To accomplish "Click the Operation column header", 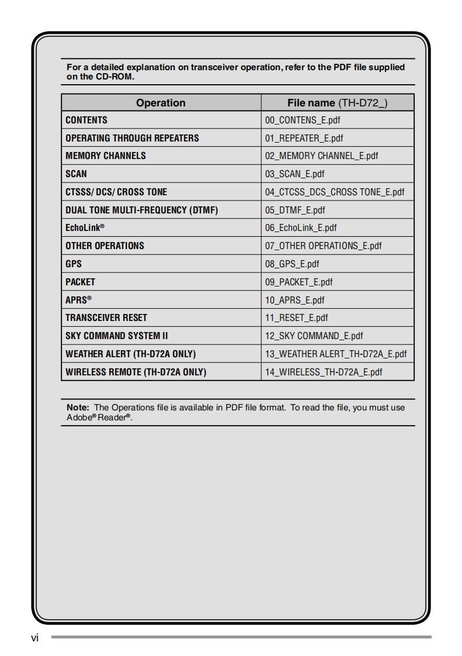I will pos(161,103).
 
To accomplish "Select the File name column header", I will pos(337,103).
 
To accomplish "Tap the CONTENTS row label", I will pos(86,120).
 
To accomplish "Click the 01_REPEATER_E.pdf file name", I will pos(304,139).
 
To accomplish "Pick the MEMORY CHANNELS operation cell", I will pos(106,156).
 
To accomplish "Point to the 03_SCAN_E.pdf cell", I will pos(294,174).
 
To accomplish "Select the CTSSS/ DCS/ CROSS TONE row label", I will pos(116,192).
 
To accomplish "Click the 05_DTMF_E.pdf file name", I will pos(295,210).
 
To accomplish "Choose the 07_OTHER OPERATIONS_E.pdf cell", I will pos(323,246).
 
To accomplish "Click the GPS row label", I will pos(74,264).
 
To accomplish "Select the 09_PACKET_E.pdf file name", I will pos(298,282).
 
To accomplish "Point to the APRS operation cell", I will pos(78,300).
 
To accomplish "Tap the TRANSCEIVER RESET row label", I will pos(106,318).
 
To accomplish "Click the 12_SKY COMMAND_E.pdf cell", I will pos(314,336).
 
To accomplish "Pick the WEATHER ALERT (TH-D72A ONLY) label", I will pos(130,354).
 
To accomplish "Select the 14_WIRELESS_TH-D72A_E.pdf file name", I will pos(324,372).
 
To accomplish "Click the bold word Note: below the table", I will pos(78,408).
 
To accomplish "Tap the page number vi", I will pos(34,638).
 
